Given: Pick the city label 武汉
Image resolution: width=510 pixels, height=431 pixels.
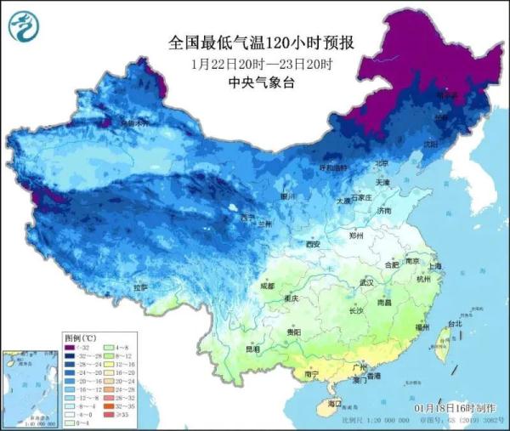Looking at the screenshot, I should tap(367, 281).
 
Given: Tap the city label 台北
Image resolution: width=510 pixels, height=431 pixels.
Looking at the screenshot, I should tap(455, 323).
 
